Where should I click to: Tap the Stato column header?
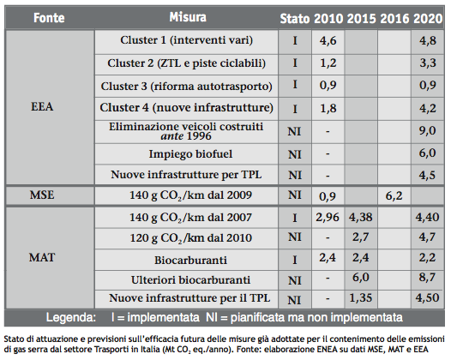[296, 18]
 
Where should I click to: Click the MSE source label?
[43, 195]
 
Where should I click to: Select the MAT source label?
[43, 256]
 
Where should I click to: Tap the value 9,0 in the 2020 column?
[426, 130]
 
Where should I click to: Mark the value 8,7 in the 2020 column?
[426, 279]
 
